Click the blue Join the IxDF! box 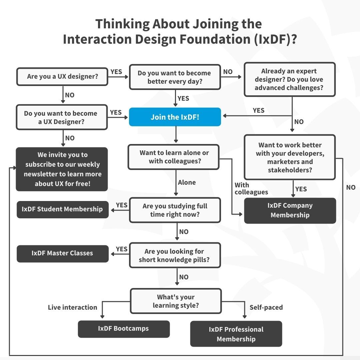175,117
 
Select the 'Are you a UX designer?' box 62,76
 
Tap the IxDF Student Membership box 62,209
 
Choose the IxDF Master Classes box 62,253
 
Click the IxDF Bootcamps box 124,329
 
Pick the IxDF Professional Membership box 236,334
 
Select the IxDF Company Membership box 290,210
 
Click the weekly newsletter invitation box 62,169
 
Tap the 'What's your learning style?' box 176,301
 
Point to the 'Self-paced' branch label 266,307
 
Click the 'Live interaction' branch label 73,307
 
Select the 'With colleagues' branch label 251,189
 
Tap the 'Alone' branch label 187,183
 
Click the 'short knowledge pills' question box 175,255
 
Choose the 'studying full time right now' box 175,210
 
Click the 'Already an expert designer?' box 289,80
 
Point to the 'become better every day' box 175,77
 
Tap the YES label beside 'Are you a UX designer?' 116,72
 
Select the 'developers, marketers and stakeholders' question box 290,157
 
